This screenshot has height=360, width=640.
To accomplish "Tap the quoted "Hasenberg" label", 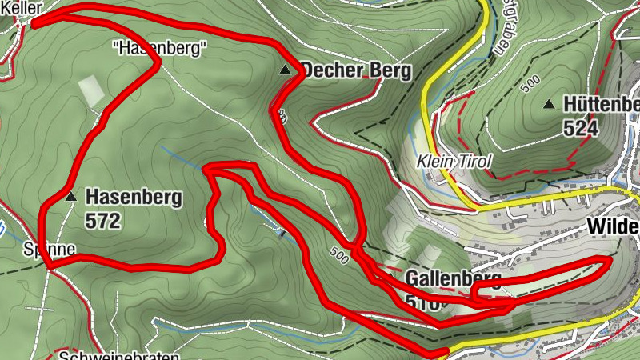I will (161, 49).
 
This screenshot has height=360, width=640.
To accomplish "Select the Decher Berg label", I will (355, 70).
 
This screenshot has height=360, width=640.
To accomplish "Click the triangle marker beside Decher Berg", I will (285, 71).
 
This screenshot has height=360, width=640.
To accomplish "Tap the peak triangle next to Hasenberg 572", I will (71, 196).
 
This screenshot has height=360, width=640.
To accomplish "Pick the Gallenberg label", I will (453, 279).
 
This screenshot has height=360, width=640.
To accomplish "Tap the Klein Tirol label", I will (454, 161).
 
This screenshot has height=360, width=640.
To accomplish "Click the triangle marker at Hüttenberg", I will (549, 104).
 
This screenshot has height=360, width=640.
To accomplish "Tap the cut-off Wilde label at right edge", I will (613, 226).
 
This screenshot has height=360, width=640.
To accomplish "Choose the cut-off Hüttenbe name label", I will (601, 105).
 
